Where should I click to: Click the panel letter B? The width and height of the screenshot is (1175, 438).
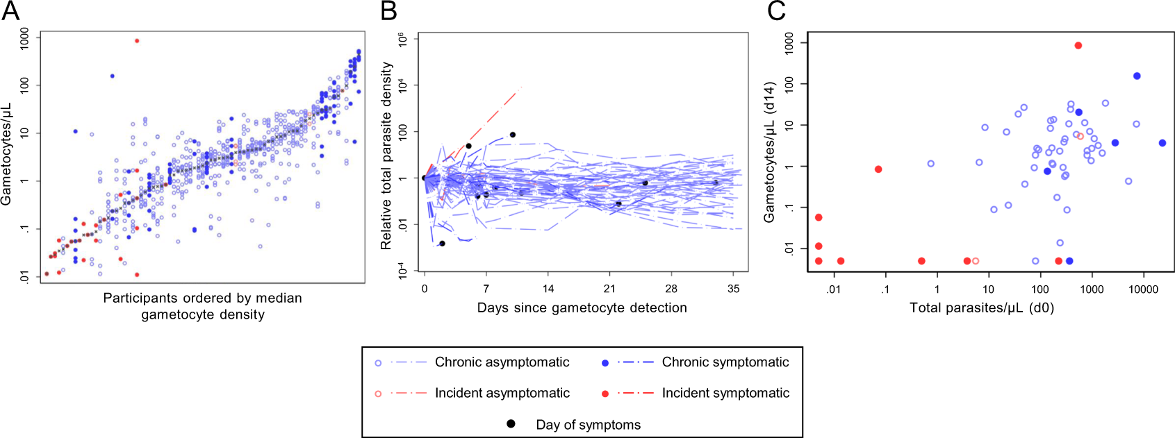click(x=388, y=10)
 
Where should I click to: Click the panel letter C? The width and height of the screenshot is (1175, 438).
click(x=775, y=10)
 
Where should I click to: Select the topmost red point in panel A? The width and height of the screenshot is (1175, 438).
click(x=137, y=41)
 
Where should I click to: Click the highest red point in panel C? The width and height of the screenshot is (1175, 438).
click(x=1078, y=46)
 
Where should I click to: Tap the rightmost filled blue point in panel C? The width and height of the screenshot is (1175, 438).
click(x=1162, y=143)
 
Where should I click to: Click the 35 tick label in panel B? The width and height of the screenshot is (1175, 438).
click(x=733, y=288)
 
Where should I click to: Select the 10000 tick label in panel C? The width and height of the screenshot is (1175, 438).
click(x=1143, y=289)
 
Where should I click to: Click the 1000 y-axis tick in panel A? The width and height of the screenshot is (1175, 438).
click(x=25, y=38)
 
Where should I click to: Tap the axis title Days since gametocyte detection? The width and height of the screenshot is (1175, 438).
click(x=582, y=308)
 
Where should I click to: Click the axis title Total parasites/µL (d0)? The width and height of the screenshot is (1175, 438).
click(x=982, y=308)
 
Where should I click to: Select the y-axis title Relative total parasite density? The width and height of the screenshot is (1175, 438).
click(x=386, y=155)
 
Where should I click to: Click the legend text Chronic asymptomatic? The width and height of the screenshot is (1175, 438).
click(x=502, y=362)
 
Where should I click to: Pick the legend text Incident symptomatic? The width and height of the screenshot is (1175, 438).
click(x=725, y=393)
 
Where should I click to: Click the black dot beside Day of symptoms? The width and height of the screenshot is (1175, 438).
click(x=511, y=423)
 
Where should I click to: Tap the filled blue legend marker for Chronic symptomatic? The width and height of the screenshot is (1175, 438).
click(x=605, y=363)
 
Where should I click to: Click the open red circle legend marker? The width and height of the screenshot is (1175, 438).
click(x=378, y=394)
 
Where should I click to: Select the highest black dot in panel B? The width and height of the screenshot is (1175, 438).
click(x=513, y=135)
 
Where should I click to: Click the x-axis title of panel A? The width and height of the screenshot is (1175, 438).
click(x=202, y=306)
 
